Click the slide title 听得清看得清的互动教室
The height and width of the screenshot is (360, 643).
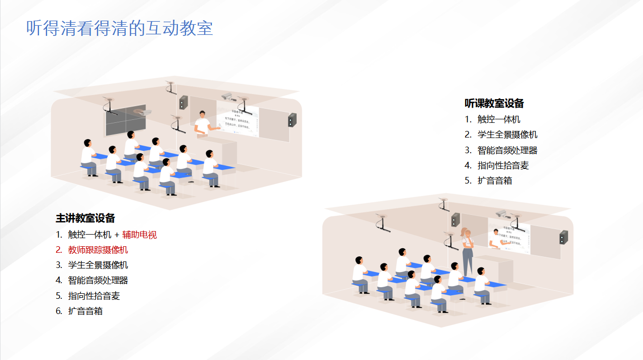pyautogui.click(x=119, y=28)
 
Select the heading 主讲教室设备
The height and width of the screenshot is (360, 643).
pyautogui.click(x=85, y=218)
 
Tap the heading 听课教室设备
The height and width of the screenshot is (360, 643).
pyautogui.click(x=494, y=103)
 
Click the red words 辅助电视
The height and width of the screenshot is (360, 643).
pyautogui.click(x=140, y=235)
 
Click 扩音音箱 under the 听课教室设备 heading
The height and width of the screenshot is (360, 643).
pyautogui.click(x=494, y=181)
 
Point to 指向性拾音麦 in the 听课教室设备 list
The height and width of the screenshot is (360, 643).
pyautogui.click(x=503, y=165)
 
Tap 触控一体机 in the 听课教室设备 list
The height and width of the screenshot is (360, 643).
pyautogui.click(x=498, y=119)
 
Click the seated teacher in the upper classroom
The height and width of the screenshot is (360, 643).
pyautogui.click(x=202, y=123)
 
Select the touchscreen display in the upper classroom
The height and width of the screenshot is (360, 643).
pyautogui.click(x=238, y=122)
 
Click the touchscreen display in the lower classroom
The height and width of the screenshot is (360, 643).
pyautogui.click(x=509, y=238)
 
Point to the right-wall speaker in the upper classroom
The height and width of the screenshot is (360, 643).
pyautogui.click(x=292, y=120)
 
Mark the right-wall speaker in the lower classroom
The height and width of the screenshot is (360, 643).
pyautogui.click(x=563, y=237)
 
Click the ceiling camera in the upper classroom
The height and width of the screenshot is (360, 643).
pyautogui.click(x=227, y=96)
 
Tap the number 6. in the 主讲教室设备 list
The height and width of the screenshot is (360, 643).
pyautogui.click(x=59, y=311)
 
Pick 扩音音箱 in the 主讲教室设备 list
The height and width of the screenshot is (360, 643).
pyautogui.click(x=85, y=311)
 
